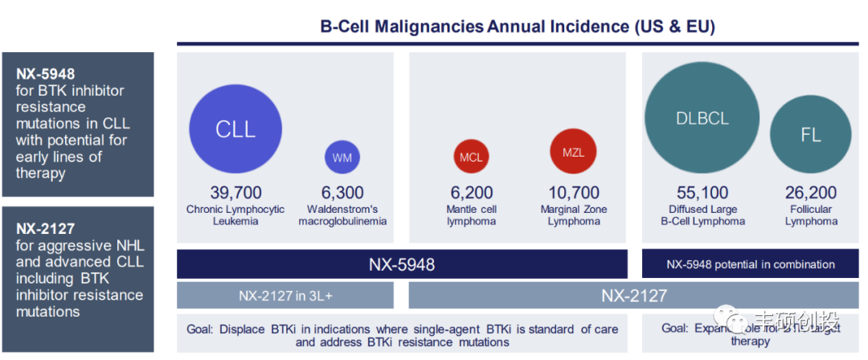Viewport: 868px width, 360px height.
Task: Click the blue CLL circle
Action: pyautogui.click(x=235, y=129)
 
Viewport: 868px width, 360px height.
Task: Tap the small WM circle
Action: pyautogui.click(x=342, y=157)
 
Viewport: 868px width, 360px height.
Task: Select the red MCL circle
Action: pyautogui.click(x=471, y=157)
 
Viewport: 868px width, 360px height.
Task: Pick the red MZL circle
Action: pyautogui.click(x=573, y=152)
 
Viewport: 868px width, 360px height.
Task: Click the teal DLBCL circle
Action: pyautogui.click(x=702, y=118)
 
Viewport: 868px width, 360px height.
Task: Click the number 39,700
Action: pyautogui.click(x=235, y=193)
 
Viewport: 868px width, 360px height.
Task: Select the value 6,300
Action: pyautogui.click(x=342, y=193)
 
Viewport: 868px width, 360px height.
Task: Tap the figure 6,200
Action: pyautogui.click(x=471, y=193)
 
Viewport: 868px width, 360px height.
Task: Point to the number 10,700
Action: pyautogui.click(x=574, y=193)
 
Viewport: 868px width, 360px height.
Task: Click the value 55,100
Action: pyautogui.click(x=702, y=193)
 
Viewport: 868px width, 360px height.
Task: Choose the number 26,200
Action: pyautogui.click(x=811, y=193)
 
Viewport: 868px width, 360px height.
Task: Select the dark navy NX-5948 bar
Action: pyautogui.click(x=402, y=264)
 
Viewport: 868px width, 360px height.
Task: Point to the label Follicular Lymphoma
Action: pyautogui.click(x=811, y=215)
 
